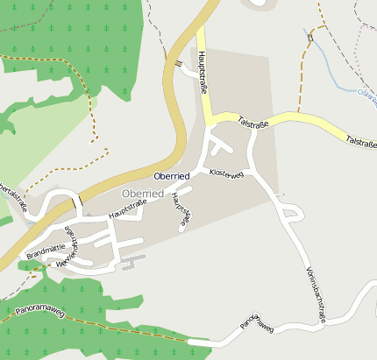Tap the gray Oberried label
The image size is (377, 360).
click(x=141, y=193)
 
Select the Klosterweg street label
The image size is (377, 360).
click(x=226, y=174)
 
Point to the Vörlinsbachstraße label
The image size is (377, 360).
click(x=316, y=294)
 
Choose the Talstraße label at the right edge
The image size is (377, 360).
click(x=360, y=141)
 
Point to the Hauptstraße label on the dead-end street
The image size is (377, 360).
click(x=181, y=211)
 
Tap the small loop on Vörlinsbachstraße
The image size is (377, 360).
click(x=286, y=211)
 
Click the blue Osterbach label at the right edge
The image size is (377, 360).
click(x=367, y=93)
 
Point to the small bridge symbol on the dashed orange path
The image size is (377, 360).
click(x=309, y=38)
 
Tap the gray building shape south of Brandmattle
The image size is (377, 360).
click(x=132, y=262)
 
